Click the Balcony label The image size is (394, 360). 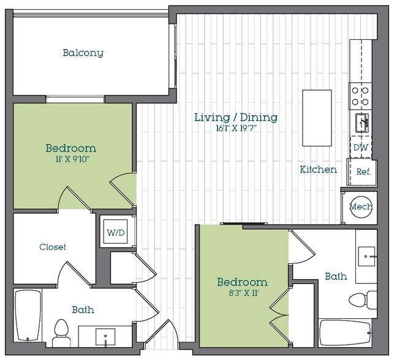point(83,53)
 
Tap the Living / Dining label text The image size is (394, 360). point(236,117)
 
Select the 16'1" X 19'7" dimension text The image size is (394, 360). point(236,129)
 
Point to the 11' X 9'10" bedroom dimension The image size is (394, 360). point(71,159)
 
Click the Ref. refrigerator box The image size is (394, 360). point(363,172)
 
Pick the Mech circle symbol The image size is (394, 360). point(361,207)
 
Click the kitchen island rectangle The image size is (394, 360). point(317,118)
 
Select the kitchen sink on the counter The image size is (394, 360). point(361,122)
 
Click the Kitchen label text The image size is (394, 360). point(318,170)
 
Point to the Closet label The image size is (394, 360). point(53,247)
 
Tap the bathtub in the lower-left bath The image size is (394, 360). point(28,317)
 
